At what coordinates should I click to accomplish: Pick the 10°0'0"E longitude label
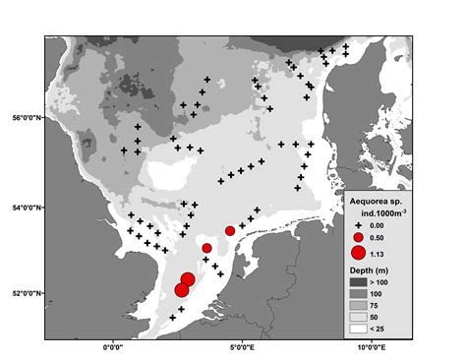click(375, 347)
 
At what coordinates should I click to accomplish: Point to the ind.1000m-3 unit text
click(378, 213)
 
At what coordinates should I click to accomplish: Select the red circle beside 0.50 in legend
click(358, 238)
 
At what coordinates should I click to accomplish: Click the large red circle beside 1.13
click(358, 253)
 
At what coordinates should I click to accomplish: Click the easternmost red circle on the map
click(230, 231)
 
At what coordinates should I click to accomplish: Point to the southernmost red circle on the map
click(182, 290)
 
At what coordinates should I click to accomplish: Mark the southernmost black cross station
click(172, 318)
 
